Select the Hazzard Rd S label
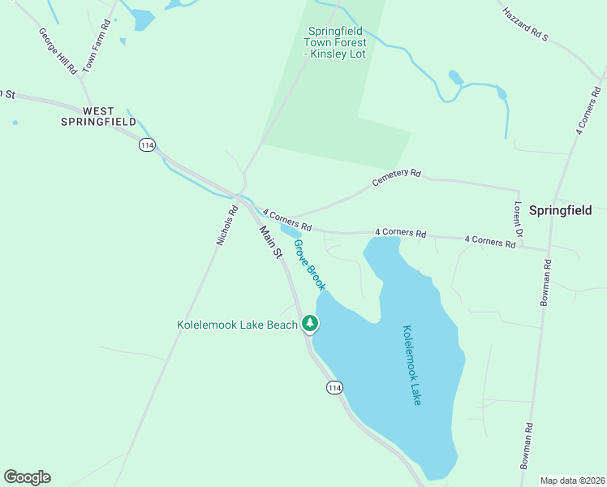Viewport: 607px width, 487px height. pyautogui.click(x=525, y=24)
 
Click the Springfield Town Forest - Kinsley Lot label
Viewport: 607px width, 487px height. pyautogui.click(x=336, y=43)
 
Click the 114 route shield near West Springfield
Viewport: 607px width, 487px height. pyautogui.click(x=146, y=144)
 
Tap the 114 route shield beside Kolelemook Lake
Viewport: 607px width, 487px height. pyautogui.click(x=334, y=388)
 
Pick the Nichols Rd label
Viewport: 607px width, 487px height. pyautogui.click(x=226, y=225)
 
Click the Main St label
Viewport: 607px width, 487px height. pyautogui.click(x=270, y=242)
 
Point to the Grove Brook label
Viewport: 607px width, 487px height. pyautogui.click(x=309, y=265)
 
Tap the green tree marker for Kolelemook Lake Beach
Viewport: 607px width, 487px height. pyautogui.click(x=309, y=324)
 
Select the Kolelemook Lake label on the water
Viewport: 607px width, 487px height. pyautogui.click(x=411, y=365)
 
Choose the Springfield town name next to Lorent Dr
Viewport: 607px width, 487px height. pyautogui.click(x=561, y=209)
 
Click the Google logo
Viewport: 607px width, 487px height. pyautogui.click(x=27, y=477)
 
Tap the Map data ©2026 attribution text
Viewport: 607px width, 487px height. pyautogui.click(x=571, y=480)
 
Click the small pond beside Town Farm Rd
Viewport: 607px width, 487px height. pyautogui.click(x=142, y=19)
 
